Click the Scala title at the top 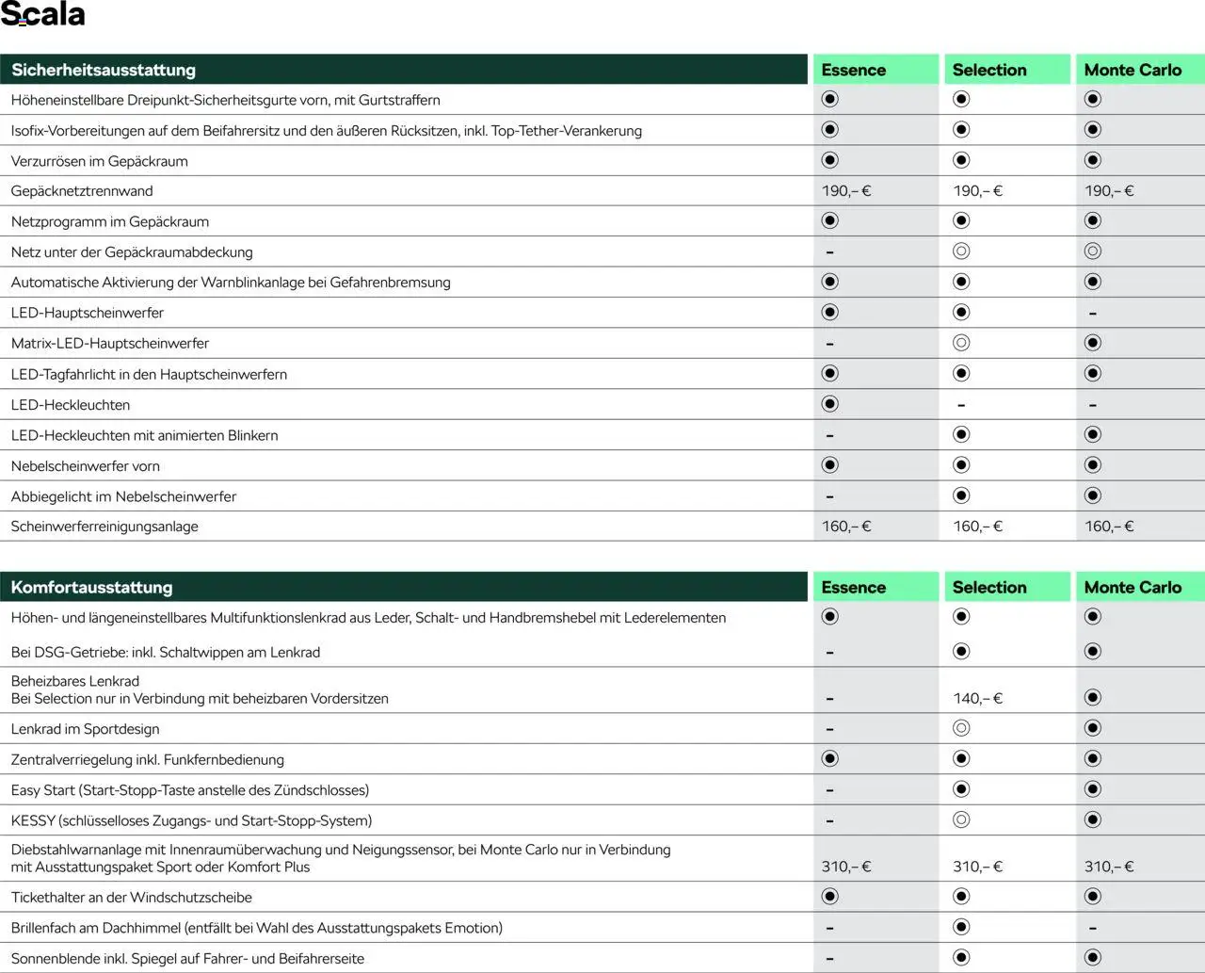[43, 15]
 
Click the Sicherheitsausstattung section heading [104, 70]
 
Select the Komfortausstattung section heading [91, 587]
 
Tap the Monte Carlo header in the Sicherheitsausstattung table [1133, 70]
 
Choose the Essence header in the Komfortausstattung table [853, 587]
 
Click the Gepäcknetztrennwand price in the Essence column [846, 191]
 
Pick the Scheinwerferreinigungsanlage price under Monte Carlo [1109, 527]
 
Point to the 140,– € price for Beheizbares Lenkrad [977, 699]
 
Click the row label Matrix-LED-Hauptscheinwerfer [110, 344]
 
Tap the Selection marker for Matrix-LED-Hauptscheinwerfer [961, 344]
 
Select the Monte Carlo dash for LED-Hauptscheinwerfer [1092, 314]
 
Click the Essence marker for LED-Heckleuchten [829, 404]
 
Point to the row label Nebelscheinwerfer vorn [86, 466]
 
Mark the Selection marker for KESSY [961, 820]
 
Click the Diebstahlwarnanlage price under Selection [977, 867]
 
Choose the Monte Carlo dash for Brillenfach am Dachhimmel [1092, 929]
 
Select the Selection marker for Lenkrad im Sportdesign [961, 728]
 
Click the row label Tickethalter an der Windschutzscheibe [132, 898]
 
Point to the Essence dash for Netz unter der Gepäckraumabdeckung [829, 252]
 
